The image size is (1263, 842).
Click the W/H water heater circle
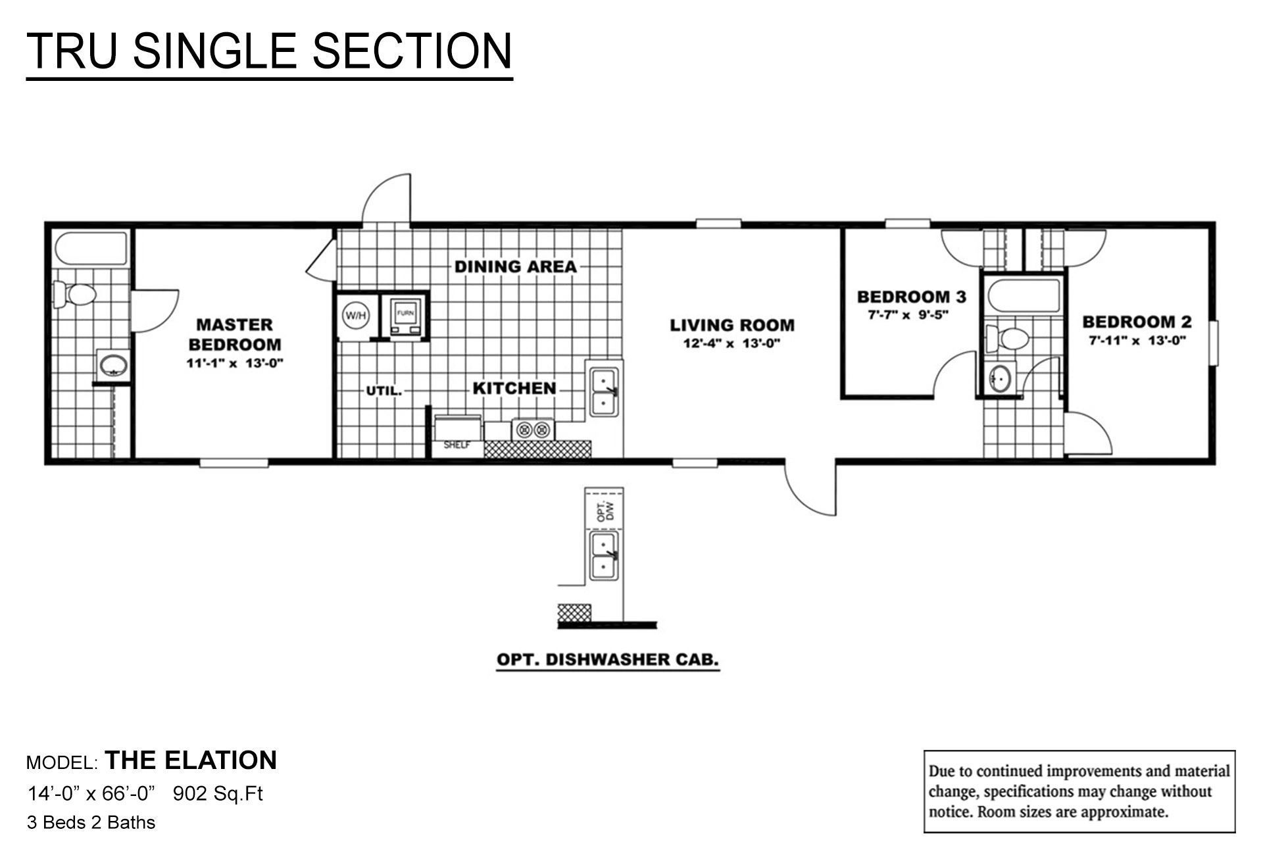point(355,316)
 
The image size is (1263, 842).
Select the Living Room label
point(731,325)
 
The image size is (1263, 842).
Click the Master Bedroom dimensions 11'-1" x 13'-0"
point(235,363)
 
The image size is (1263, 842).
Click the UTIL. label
point(384,391)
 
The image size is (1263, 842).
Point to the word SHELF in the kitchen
point(457,445)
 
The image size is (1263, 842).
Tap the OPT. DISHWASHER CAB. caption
point(607,659)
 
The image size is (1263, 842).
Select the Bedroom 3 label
point(911,297)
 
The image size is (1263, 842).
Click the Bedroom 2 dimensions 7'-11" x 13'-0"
point(1137,341)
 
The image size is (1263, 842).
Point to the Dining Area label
point(515,266)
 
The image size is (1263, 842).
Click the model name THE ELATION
point(191,760)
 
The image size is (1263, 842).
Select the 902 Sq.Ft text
point(218,794)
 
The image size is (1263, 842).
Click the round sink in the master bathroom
point(113,365)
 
